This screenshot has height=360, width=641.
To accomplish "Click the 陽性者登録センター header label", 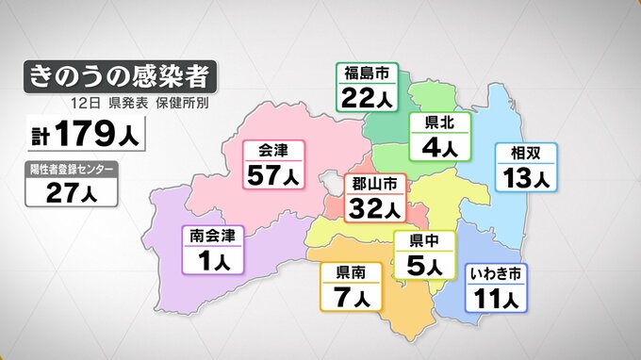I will pyautogui.click(x=72, y=170).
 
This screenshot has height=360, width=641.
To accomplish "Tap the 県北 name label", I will pyautogui.click(x=439, y=123).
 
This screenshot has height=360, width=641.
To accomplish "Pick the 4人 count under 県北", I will pyautogui.click(x=439, y=147).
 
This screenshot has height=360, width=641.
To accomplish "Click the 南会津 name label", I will pyautogui.click(x=212, y=236).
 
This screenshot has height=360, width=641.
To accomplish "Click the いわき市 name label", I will pyautogui.click(x=498, y=275).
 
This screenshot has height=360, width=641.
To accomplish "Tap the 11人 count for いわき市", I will pyautogui.click(x=498, y=300).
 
